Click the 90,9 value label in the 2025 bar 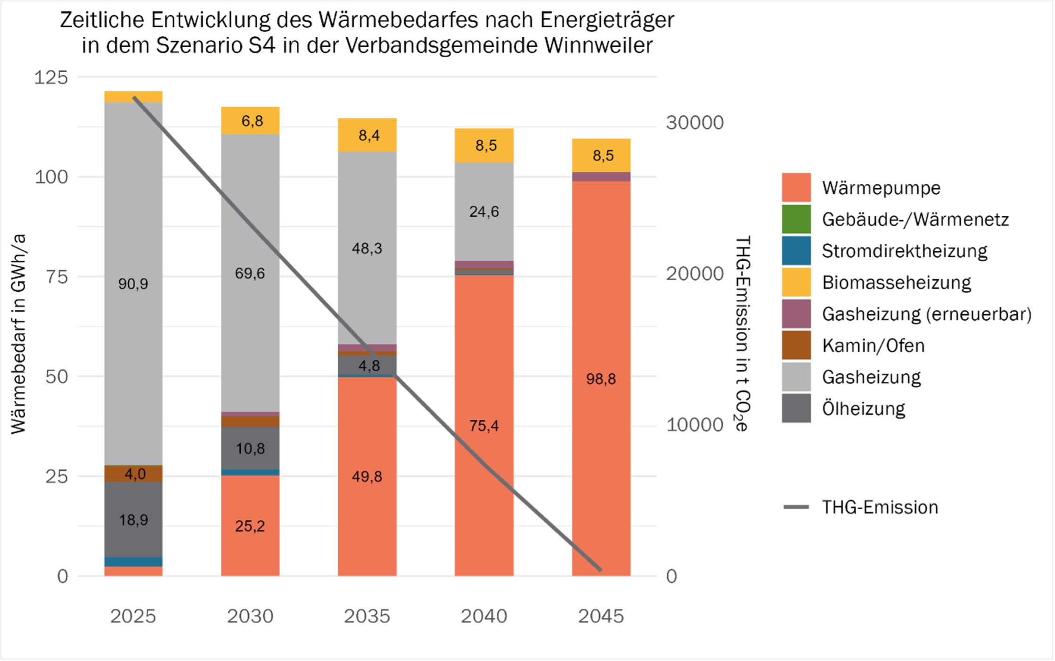133,284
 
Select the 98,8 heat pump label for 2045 601,379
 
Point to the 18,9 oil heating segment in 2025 133,520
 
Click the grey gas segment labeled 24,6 484,212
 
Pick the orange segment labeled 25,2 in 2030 250,526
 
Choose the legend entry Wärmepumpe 881,188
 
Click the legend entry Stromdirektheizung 904,251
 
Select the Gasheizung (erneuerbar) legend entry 926,314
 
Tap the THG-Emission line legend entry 880,507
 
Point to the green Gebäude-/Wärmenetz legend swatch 796,219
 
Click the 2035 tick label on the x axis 367,616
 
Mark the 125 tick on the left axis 51,77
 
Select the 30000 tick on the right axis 695,123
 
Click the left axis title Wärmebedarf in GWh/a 18,334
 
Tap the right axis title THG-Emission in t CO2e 742,334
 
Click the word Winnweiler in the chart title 598,46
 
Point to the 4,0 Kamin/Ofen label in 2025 135,474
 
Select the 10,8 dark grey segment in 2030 250,448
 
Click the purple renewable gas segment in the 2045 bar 601,177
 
